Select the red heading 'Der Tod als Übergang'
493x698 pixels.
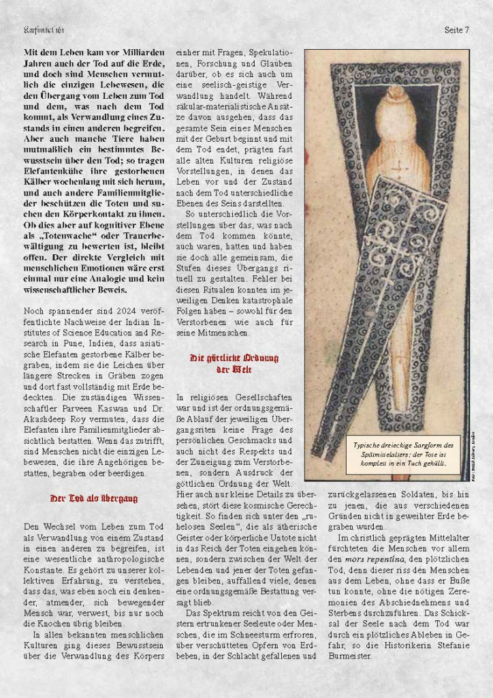pyautogui.click(x=94, y=499)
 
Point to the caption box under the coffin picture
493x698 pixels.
pyautogui.click(x=399, y=453)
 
